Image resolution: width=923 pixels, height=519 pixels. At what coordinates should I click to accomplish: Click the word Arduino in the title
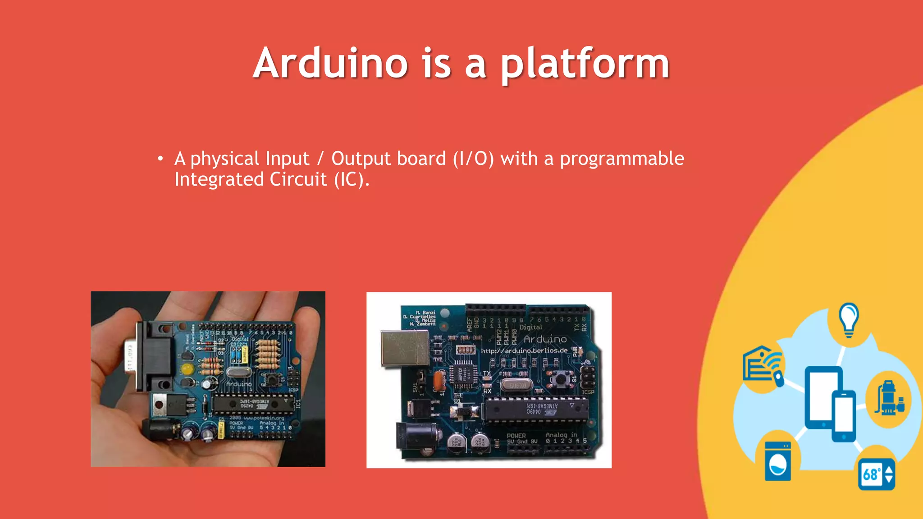[x=330, y=63]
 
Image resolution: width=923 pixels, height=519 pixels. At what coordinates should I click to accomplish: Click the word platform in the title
[x=585, y=64]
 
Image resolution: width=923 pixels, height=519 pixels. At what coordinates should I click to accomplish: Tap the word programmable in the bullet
[x=621, y=159]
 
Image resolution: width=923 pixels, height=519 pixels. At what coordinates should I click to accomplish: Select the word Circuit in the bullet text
[x=298, y=179]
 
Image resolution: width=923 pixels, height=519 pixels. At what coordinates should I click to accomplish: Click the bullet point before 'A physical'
[x=160, y=159]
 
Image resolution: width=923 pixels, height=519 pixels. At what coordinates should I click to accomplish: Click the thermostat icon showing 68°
[x=876, y=474]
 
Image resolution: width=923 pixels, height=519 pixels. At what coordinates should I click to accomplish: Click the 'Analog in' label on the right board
[x=561, y=435]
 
